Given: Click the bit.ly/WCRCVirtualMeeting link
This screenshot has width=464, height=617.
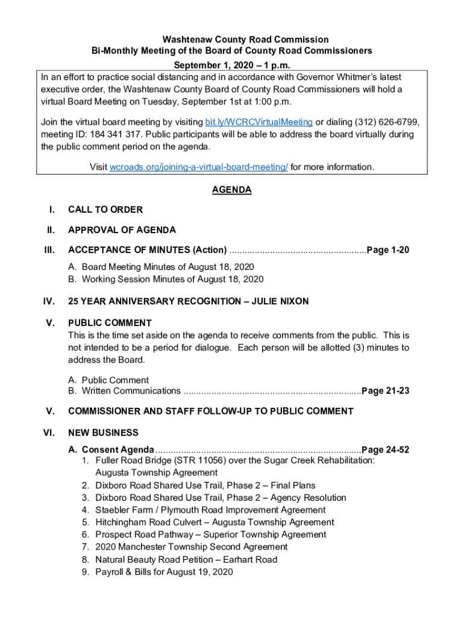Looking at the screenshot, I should (259, 122).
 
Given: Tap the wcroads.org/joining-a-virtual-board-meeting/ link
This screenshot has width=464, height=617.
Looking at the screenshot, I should (198, 167).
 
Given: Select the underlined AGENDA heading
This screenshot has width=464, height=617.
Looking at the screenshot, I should (231, 190).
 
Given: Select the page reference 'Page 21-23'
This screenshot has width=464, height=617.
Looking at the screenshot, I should (386, 391).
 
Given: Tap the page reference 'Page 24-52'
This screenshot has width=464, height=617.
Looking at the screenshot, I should (386, 450).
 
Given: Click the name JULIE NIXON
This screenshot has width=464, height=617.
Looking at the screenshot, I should (279, 301).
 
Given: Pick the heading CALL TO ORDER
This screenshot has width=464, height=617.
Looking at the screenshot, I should (105, 210).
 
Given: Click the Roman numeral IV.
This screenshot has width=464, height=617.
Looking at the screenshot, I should (50, 301).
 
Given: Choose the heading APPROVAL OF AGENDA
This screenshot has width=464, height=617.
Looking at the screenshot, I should (122, 230).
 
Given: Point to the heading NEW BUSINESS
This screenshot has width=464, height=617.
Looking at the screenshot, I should (103, 433).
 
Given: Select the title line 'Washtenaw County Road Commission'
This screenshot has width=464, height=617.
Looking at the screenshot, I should (231, 40).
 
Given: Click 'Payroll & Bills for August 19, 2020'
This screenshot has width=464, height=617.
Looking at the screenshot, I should (164, 572).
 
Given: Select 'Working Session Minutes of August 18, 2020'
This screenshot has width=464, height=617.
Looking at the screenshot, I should (172, 279).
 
